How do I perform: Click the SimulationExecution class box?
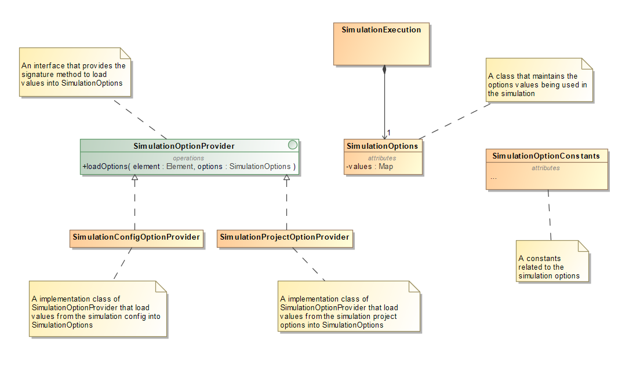coord(381,44)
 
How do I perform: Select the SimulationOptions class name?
coord(382,146)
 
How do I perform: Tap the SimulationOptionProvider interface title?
coord(184,146)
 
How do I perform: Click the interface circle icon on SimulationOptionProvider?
coord(293,145)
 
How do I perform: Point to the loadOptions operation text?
coord(189,167)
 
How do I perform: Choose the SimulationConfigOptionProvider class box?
coord(136,237)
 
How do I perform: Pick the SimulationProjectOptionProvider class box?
coord(285,237)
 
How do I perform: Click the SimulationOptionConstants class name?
coord(546,156)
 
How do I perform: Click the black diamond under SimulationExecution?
coord(384,71)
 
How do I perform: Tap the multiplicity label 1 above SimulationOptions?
coord(389,133)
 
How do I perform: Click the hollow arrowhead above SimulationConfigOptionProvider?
coord(134,178)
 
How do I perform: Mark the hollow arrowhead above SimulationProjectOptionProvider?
coord(286,178)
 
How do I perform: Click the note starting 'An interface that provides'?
coord(75,74)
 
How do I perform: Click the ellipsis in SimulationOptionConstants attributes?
coord(493,178)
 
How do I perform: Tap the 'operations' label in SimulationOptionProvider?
coord(189,157)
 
